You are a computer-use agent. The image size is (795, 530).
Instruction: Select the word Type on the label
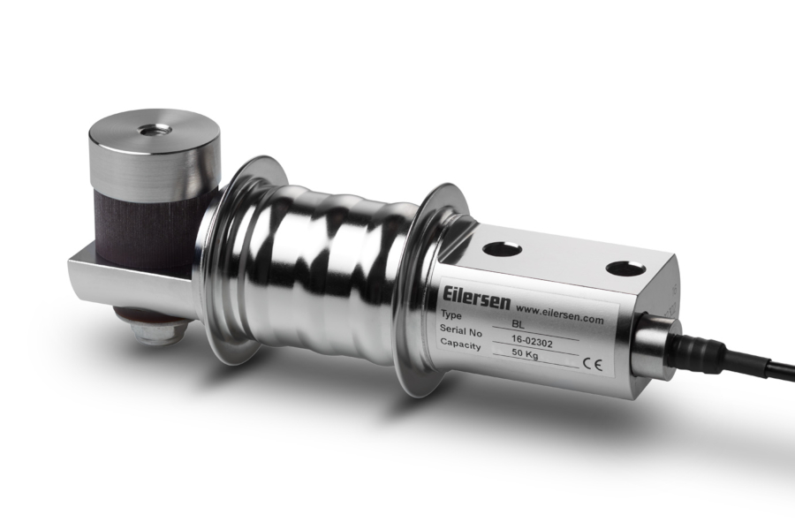tap(451, 315)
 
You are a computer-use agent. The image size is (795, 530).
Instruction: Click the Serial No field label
tap(461, 330)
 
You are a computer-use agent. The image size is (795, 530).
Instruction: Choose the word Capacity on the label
tap(462, 345)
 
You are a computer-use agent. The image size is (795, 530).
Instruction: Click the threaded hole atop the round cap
tap(155, 130)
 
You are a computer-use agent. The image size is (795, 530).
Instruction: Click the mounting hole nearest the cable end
tap(625, 268)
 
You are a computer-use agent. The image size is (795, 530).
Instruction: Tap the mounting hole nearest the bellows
tap(502, 249)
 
